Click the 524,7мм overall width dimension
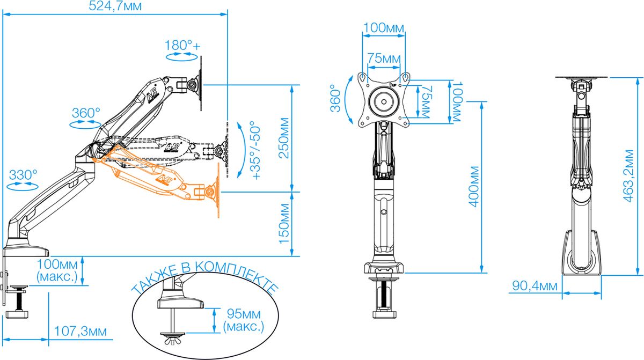point(116,7)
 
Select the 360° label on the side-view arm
point(86,114)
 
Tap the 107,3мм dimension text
point(80,332)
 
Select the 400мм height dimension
point(474,189)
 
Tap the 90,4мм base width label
point(533,285)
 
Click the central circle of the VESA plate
point(384,100)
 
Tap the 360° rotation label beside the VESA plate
point(335,98)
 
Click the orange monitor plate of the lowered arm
point(219,190)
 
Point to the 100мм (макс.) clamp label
point(57,270)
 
